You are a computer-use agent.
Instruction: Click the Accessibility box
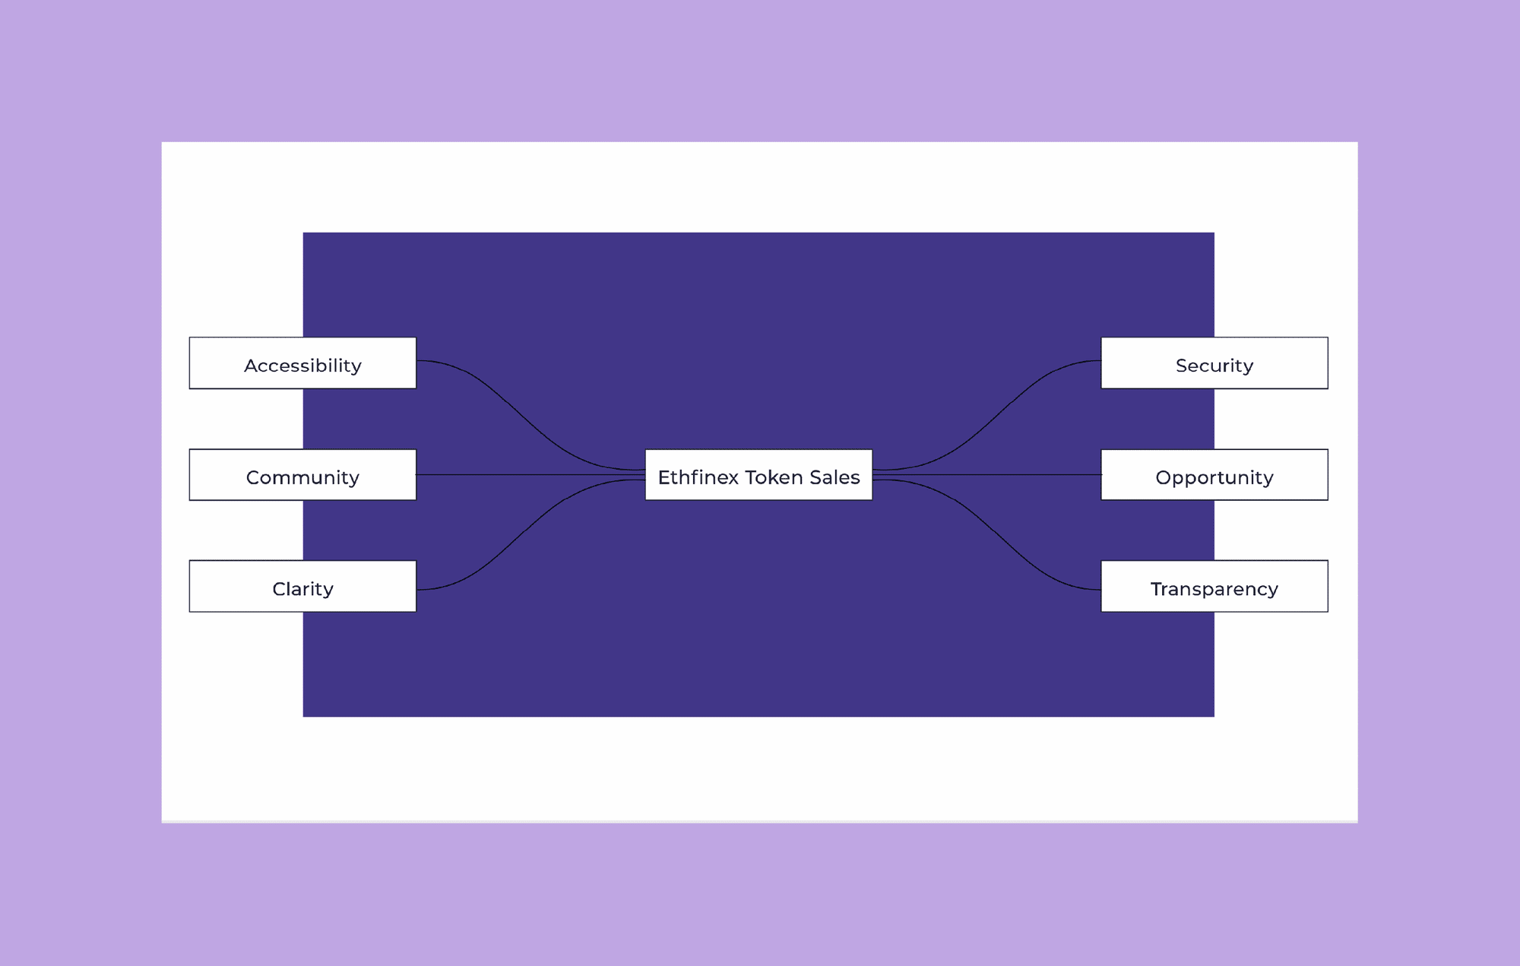(x=302, y=363)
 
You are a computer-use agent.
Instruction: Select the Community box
(x=302, y=475)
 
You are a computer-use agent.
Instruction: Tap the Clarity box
(x=302, y=586)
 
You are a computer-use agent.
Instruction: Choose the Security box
(x=1214, y=363)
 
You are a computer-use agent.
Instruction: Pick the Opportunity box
(x=1214, y=475)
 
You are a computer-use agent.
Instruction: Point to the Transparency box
(x=1214, y=586)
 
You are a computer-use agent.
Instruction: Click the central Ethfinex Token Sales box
(x=758, y=475)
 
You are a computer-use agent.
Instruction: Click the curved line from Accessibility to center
(x=530, y=416)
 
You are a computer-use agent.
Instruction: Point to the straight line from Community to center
(x=530, y=475)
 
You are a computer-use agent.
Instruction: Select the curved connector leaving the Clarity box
(x=530, y=535)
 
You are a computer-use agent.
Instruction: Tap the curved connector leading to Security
(x=986, y=416)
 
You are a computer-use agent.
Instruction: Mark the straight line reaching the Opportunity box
(x=986, y=475)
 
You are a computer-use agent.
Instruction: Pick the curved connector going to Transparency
(x=986, y=535)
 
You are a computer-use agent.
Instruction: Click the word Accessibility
(x=302, y=366)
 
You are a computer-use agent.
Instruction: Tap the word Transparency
(x=1214, y=589)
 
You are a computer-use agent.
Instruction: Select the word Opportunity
(x=1214, y=477)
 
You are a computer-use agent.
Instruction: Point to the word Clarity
(x=302, y=589)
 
